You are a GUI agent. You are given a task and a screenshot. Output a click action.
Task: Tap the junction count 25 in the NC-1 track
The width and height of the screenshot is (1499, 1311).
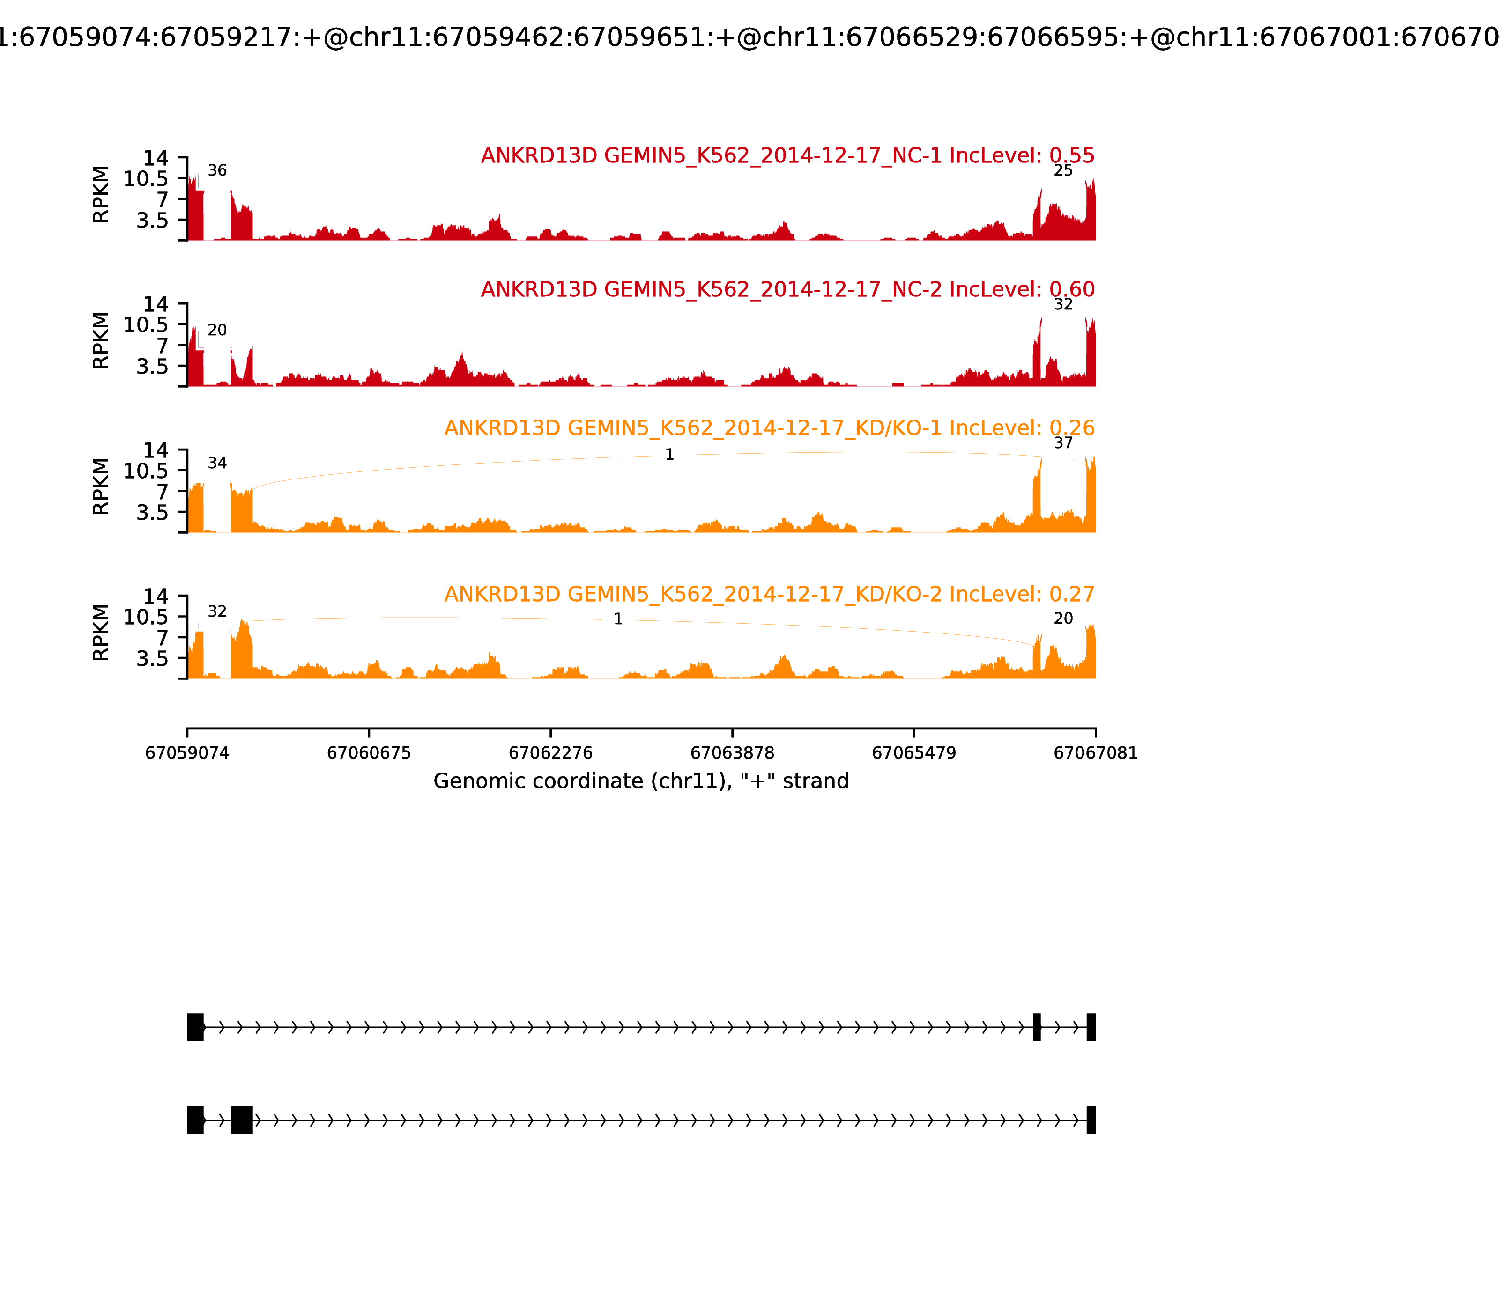(x=1063, y=170)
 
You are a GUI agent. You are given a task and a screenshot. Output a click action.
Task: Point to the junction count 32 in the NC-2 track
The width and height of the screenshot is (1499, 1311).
(x=1063, y=304)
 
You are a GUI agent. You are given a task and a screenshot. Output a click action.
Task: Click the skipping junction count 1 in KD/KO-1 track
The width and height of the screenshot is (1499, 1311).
(x=669, y=455)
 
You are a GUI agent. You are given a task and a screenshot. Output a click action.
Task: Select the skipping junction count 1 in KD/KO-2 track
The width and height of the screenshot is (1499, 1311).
(x=618, y=619)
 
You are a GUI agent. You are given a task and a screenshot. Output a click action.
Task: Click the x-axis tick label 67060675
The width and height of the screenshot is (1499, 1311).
(x=369, y=753)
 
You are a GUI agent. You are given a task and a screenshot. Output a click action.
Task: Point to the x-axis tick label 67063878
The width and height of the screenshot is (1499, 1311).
(x=732, y=753)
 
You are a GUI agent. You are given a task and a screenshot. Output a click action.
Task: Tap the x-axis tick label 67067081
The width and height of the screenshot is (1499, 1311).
(x=1095, y=753)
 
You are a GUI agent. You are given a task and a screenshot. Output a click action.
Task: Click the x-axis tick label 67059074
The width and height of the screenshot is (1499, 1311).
(x=187, y=753)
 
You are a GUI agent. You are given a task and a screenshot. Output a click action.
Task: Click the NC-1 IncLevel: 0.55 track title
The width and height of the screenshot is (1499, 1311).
(x=787, y=156)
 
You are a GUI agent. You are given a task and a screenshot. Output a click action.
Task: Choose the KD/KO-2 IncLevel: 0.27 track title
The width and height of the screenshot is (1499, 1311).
(x=769, y=594)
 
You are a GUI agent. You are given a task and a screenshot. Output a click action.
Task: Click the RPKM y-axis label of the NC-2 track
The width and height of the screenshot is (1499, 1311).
(x=101, y=341)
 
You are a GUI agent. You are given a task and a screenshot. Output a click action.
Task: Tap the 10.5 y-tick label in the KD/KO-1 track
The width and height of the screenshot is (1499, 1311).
(x=146, y=471)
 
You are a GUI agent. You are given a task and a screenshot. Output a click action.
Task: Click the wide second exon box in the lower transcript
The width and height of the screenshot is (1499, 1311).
(x=242, y=1120)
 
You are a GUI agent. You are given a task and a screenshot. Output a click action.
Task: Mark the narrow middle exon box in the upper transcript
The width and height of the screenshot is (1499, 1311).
(x=1036, y=1027)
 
